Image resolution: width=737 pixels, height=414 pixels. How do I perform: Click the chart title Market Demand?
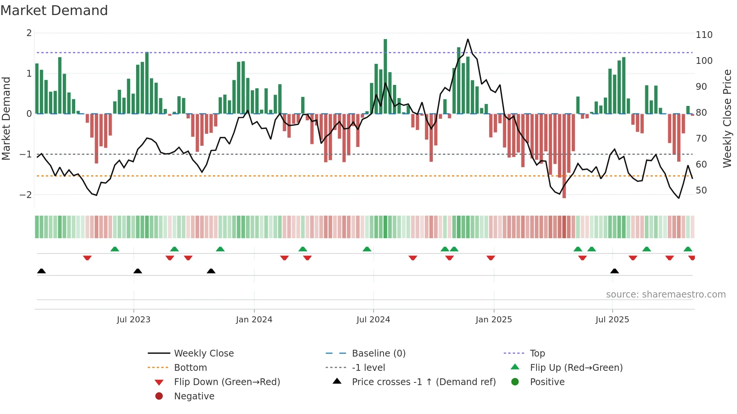tap(54, 10)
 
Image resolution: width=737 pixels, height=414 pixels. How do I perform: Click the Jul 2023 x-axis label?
tap(133, 320)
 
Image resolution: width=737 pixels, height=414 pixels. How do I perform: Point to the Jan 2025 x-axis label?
tap(493, 320)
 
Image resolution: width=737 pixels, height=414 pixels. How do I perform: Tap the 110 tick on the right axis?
tap(704, 35)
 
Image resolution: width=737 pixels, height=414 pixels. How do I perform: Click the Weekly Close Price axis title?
tap(727, 118)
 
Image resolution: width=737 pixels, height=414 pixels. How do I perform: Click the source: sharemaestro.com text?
tap(666, 295)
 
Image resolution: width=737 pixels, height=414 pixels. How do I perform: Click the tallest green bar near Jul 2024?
tap(385, 75)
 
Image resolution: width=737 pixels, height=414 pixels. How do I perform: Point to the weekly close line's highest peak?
tap(468, 39)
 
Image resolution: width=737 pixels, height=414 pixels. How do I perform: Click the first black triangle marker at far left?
tap(41, 271)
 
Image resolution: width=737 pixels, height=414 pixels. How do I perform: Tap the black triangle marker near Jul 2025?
tap(614, 271)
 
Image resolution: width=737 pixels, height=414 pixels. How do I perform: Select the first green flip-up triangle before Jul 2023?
tap(115, 249)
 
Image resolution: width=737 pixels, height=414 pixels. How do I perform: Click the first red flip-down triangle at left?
tap(87, 258)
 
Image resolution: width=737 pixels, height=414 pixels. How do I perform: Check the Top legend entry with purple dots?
tap(537, 354)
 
